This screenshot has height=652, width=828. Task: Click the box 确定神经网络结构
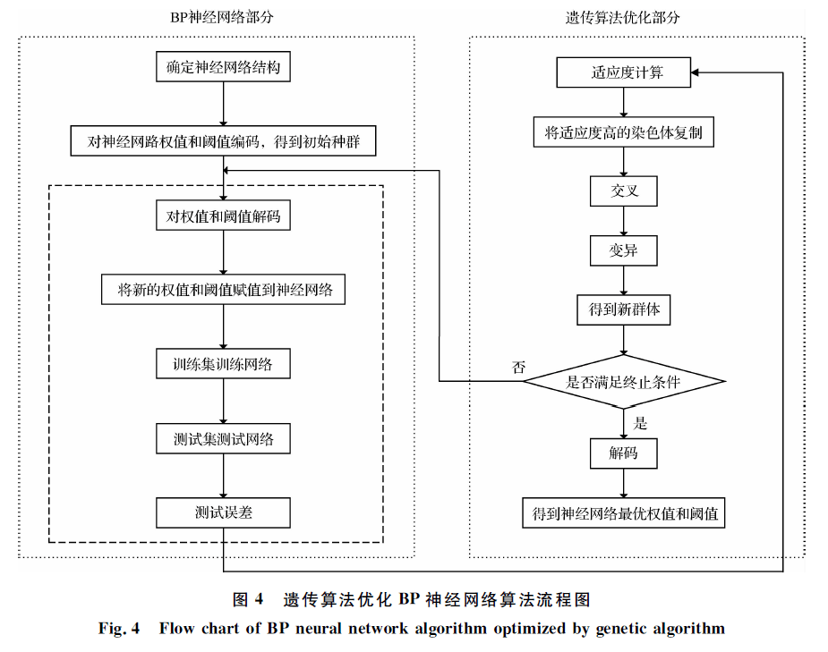click(x=224, y=67)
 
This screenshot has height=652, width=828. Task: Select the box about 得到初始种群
click(x=224, y=141)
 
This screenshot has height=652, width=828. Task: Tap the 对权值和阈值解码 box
click(x=224, y=216)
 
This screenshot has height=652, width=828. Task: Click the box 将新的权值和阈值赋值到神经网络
click(x=224, y=290)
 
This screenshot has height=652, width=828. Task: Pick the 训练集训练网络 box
click(x=224, y=364)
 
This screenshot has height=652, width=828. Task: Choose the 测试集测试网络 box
click(x=224, y=439)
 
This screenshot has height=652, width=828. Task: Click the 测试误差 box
click(x=224, y=513)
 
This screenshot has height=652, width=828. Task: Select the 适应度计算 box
click(x=623, y=72)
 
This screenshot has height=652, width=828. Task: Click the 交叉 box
click(x=623, y=191)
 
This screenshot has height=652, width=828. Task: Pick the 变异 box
click(x=623, y=250)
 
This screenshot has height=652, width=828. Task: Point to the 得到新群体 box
click(x=623, y=309)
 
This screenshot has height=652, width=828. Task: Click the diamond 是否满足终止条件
click(x=623, y=382)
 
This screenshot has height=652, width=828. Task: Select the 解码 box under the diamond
click(x=623, y=453)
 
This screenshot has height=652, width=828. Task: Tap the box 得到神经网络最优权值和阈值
click(x=623, y=514)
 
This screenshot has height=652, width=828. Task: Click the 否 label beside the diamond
click(x=518, y=367)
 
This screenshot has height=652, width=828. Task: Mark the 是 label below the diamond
click(x=640, y=423)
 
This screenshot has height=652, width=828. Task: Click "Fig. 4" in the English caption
click(x=119, y=629)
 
